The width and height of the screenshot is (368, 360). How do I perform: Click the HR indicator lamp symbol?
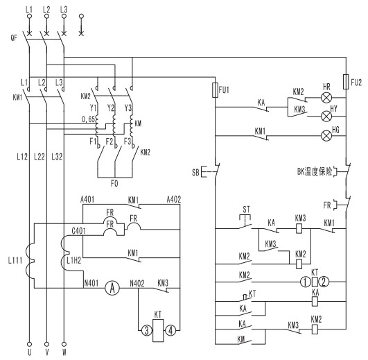pos(326,98)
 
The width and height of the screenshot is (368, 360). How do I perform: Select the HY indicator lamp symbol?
pos(326,117)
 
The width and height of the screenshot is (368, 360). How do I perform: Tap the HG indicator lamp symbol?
pos(326,136)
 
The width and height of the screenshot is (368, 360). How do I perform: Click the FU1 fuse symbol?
pos(215,90)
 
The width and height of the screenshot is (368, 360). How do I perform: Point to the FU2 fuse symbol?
pos(346,82)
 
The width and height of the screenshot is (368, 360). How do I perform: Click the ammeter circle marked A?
pos(112,288)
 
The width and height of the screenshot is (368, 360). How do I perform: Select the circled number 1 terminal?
pos(306,282)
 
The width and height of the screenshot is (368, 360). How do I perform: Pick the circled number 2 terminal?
pos(324,282)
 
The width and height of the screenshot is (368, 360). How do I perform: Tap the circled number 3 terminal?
pos(147,330)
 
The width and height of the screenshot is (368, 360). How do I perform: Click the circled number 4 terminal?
pos(170,330)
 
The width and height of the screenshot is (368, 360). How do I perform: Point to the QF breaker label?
pos(14,37)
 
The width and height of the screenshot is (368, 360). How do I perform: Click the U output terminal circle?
pos(29,344)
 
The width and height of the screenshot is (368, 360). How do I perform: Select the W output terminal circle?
pos(64,344)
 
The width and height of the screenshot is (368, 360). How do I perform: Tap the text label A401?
pos(87,199)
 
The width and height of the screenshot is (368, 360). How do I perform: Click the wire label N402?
pos(137,284)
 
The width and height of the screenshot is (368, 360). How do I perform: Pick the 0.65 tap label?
pos(88,119)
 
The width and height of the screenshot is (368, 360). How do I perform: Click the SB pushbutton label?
pos(195,173)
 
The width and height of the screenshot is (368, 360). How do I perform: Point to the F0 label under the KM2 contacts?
pos(114,184)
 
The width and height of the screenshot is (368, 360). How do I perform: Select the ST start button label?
pos(246,209)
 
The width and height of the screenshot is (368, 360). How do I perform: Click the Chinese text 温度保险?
pos(318,171)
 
